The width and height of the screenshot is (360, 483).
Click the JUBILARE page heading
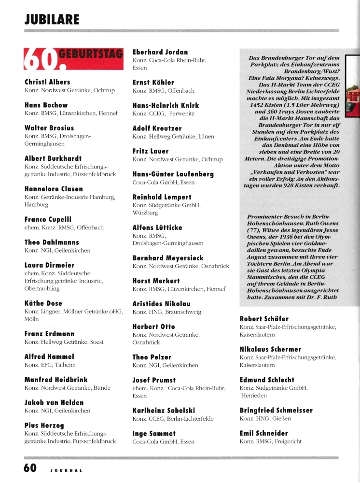(x=52, y=19)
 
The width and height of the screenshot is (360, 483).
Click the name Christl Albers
(x=47, y=82)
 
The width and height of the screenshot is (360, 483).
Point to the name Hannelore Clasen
(x=54, y=189)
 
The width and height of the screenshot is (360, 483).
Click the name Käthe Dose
(x=43, y=303)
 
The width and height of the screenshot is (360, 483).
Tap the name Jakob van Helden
(x=54, y=402)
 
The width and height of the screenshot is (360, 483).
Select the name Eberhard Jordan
(x=160, y=52)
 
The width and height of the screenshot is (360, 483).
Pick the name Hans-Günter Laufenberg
(x=173, y=174)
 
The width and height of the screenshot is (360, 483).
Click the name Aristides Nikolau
(x=161, y=304)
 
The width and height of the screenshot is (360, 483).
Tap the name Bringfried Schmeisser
(x=276, y=410)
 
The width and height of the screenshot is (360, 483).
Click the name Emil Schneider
(x=263, y=433)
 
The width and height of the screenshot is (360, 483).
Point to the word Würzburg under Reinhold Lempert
(x=145, y=213)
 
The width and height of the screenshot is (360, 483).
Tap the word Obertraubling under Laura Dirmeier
(x=43, y=288)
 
